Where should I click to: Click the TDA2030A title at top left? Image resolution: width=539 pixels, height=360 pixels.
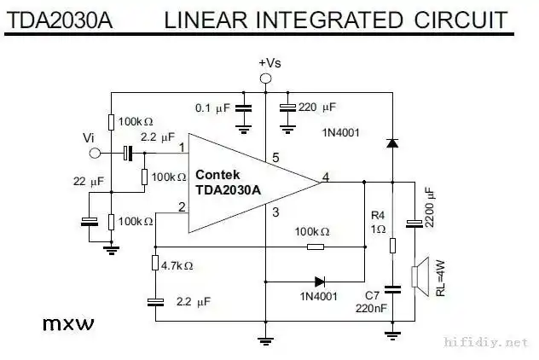(x=60, y=20)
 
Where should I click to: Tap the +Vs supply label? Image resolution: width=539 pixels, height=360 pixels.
(x=268, y=63)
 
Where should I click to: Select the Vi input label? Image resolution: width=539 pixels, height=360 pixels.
(x=89, y=137)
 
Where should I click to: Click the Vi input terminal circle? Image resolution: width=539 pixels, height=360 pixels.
(x=94, y=154)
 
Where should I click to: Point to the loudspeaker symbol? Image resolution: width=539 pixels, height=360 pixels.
(x=418, y=276)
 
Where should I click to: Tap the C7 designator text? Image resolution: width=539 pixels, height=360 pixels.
(x=373, y=295)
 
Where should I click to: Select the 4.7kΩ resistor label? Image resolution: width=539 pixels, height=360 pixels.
(x=177, y=265)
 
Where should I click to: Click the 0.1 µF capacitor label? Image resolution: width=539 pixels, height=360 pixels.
(x=212, y=108)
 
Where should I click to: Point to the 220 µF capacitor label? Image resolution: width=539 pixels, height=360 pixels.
(x=317, y=107)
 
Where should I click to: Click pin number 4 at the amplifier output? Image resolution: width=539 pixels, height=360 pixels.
(x=326, y=177)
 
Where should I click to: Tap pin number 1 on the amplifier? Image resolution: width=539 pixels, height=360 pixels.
(x=183, y=148)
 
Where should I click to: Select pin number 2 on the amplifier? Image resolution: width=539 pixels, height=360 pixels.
(x=183, y=206)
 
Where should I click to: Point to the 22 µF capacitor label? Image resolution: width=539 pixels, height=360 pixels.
(x=89, y=181)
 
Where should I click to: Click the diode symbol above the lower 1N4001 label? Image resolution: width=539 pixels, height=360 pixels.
(x=319, y=281)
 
